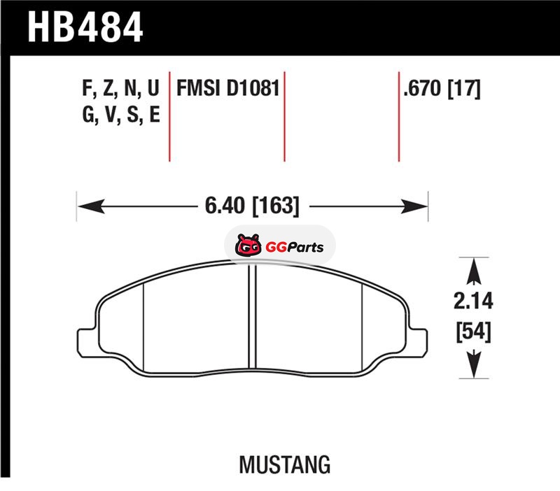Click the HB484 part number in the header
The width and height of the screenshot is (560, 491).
point(85,27)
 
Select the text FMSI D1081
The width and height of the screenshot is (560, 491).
point(228,88)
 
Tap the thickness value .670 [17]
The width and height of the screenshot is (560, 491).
point(442,88)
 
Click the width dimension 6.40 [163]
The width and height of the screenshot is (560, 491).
point(252,206)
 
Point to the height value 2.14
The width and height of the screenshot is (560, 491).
point(473,301)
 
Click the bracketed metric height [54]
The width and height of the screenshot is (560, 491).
point(474,332)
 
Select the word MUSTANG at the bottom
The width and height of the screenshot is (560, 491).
point(285,464)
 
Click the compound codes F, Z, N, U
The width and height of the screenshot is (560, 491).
point(120,88)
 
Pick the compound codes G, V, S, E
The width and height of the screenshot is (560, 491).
point(120,115)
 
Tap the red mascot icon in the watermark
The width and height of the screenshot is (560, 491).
point(248,245)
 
